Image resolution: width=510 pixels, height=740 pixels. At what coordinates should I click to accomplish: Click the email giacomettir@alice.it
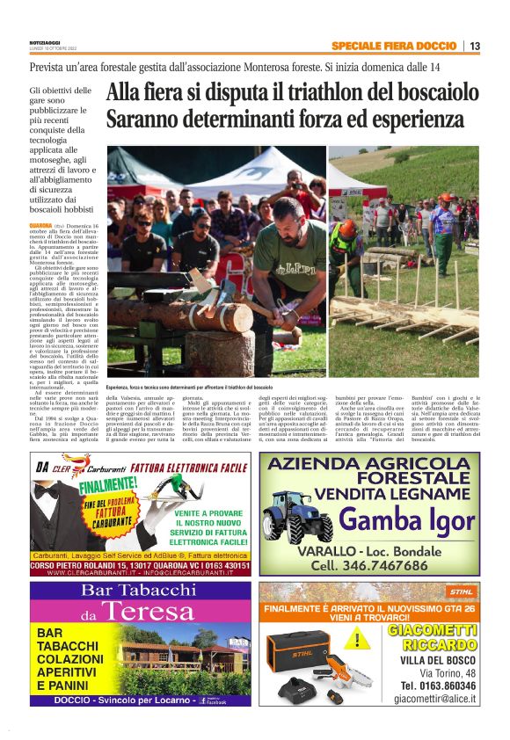point(434,699)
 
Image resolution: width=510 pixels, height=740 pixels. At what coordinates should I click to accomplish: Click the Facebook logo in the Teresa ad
point(203,700)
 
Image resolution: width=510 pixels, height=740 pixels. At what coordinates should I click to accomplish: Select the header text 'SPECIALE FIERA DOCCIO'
point(394,46)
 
